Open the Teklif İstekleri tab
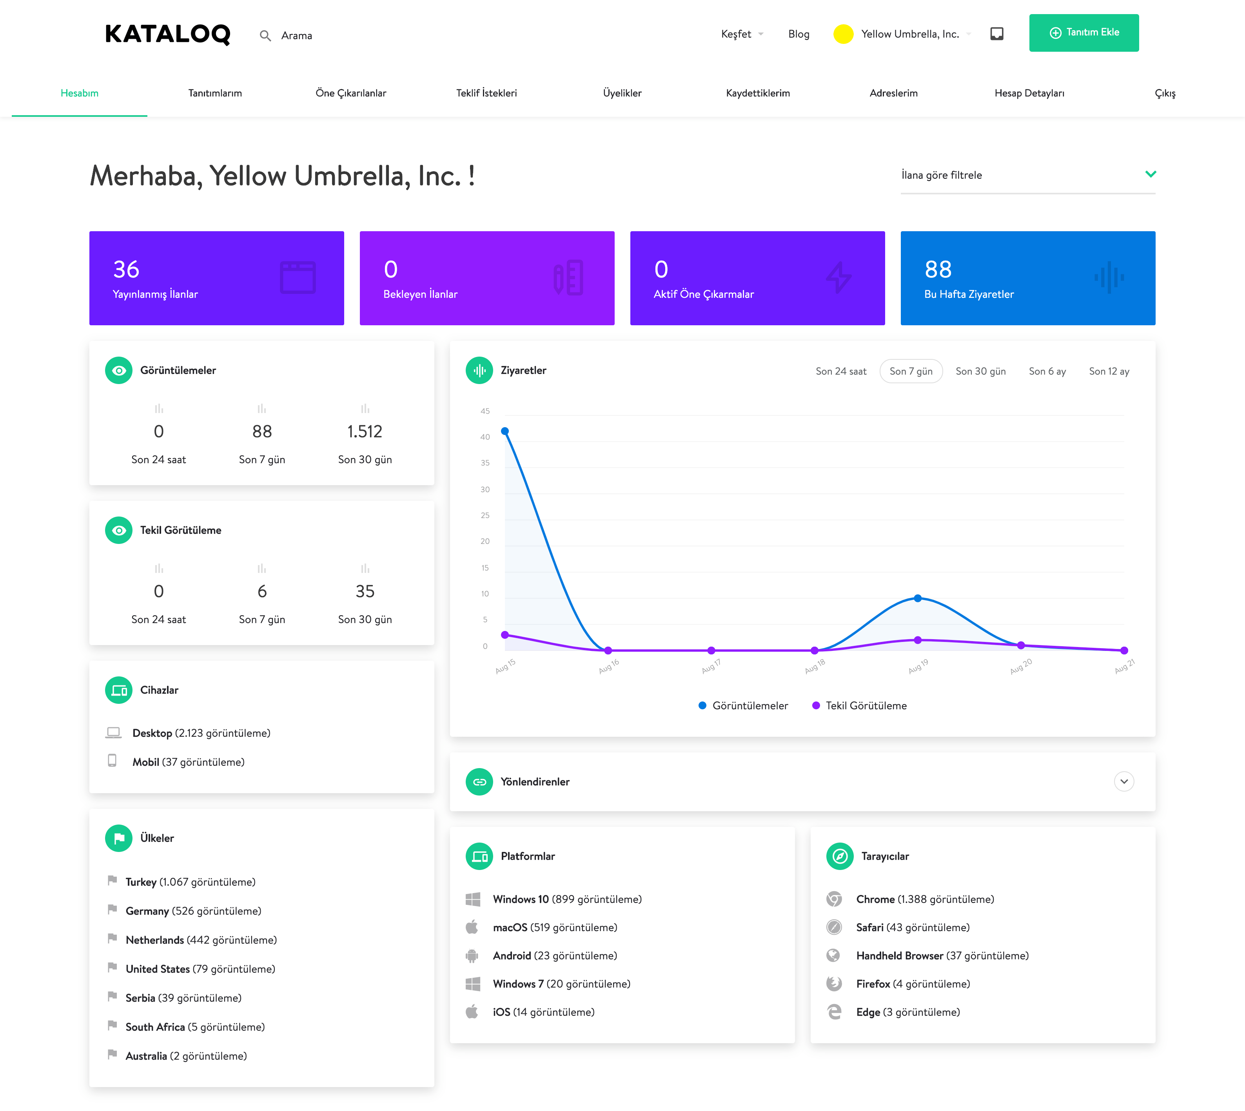pos(486,93)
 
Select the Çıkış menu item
pos(1164,93)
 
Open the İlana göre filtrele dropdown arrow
pos(1151,175)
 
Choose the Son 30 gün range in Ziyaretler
pos(980,371)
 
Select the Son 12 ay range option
pos(1109,371)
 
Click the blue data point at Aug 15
pos(505,431)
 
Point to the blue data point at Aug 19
pos(918,598)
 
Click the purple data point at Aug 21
pos(1124,651)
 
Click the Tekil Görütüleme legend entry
pos(860,706)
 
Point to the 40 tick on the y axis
pos(485,437)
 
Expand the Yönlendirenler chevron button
pos(1123,782)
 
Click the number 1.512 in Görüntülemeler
pos(365,431)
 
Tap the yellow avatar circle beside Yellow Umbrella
pos(843,34)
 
